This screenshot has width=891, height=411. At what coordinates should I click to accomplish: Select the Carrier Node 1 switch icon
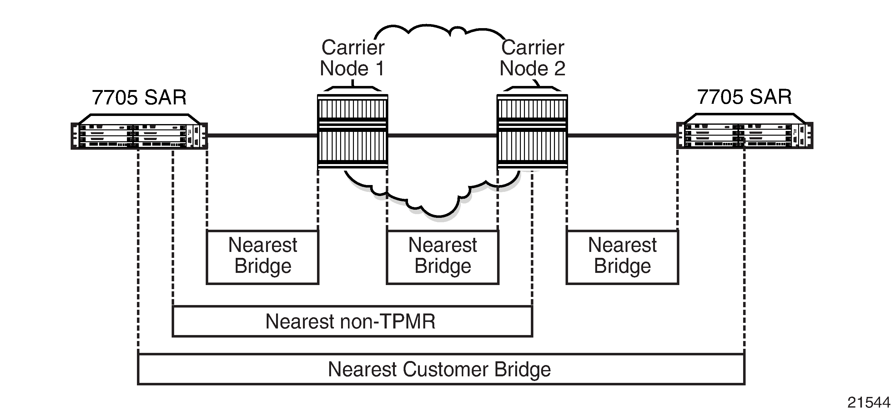point(352,129)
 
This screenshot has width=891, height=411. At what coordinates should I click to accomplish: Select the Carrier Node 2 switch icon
point(532,129)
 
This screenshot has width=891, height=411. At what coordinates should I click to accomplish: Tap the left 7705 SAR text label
point(139,98)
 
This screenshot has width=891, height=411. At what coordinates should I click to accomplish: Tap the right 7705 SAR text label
point(744,97)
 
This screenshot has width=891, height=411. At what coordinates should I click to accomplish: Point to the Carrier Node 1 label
point(352,58)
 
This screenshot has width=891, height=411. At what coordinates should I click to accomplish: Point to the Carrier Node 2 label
point(533,58)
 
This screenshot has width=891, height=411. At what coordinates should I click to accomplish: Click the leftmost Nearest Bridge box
point(263,257)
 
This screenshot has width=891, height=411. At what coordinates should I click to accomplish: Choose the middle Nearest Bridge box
point(442,257)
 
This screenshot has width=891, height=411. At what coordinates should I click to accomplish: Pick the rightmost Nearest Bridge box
point(622,257)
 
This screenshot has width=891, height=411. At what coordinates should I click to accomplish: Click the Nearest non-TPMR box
point(352,321)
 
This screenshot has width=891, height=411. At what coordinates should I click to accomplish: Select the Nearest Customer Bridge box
point(441,369)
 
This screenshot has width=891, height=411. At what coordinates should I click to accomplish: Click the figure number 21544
point(868,402)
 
